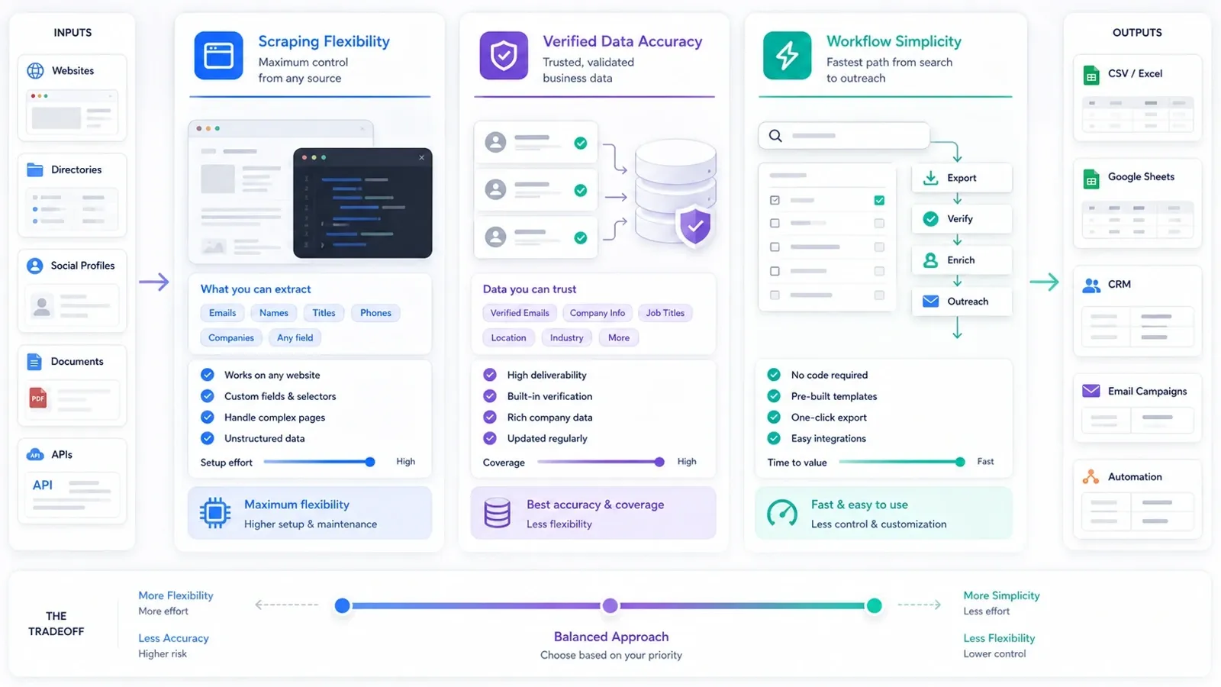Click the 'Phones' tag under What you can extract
pos(375,312)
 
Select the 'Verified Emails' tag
pos(520,312)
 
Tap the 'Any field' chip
pos(295,337)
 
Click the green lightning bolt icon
pos(787,56)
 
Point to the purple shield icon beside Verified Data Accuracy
pos(504,56)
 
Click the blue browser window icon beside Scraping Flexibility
pos(218,56)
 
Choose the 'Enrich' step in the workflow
pos(962,260)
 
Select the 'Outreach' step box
pos(962,302)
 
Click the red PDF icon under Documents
pos(38,398)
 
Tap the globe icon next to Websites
pos(35,70)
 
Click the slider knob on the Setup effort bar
pos(370,462)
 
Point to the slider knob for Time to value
pos(960,462)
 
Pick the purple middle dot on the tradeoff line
pos(610,605)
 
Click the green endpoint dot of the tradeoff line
pos(875,605)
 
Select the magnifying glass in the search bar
pos(775,136)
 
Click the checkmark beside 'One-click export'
pos(774,417)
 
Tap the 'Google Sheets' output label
pos(1141,176)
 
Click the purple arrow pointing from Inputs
pos(153,282)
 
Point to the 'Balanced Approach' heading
pos(611,637)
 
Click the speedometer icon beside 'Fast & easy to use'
pos(781,513)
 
